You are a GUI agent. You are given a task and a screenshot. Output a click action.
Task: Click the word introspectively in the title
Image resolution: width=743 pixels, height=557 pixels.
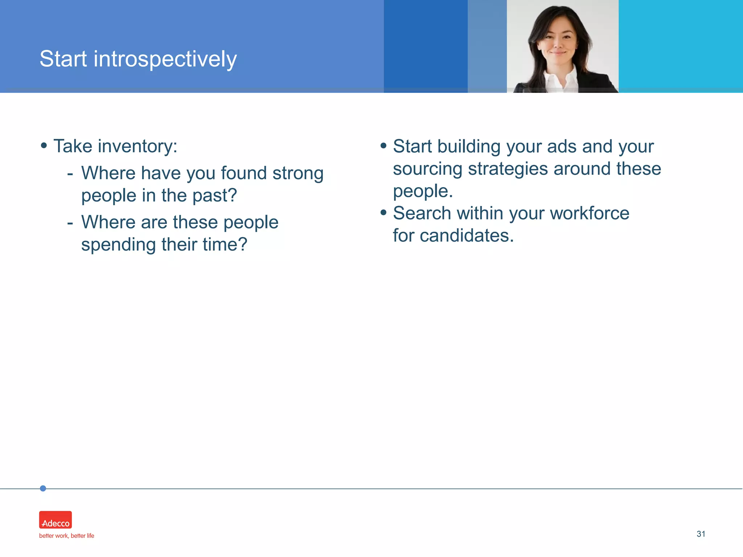pyautogui.click(x=165, y=59)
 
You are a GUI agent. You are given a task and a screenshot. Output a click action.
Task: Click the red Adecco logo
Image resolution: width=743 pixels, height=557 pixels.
pyautogui.click(x=56, y=520)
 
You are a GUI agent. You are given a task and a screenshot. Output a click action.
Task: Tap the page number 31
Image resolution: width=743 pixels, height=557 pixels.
pyautogui.click(x=701, y=534)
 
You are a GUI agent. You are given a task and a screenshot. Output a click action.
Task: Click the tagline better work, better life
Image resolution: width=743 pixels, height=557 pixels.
pyautogui.click(x=66, y=536)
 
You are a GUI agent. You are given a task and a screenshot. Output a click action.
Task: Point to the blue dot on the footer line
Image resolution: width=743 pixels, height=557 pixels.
pyautogui.click(x=43, y=488)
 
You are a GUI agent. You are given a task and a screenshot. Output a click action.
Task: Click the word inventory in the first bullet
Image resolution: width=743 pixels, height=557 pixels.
pyautogui.click(x=137, y=147)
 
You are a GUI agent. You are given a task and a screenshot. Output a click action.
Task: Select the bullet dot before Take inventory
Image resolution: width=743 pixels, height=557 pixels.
pyautogui.click(x=44, y=145)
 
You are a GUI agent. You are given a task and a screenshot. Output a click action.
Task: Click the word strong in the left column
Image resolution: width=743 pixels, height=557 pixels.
pyautogui.click(x=298, y=173)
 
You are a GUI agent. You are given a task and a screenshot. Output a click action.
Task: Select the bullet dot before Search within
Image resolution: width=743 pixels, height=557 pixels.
pyautogui.click(x=383, y=212)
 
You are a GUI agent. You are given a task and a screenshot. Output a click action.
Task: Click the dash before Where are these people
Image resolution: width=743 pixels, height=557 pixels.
pyautogui.click(x=70, y=223)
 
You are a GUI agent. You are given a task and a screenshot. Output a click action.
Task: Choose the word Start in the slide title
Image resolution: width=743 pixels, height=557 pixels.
pyautogui.click(x=63, y=59)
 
